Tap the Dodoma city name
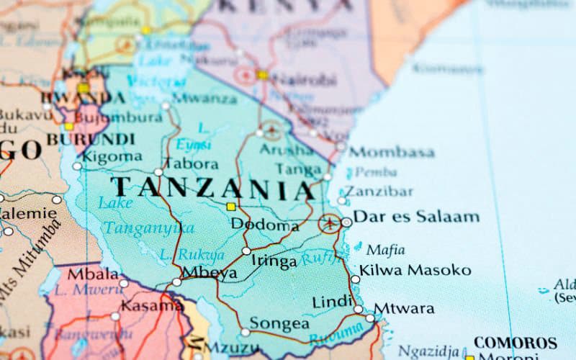click(264, 225)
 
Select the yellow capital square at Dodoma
click(230, 207)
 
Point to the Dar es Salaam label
click(417, 217)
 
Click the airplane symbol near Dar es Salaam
click(330, 222)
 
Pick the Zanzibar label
click(379, 192)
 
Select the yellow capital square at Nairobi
click(262, 74)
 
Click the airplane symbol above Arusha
click(271, 131)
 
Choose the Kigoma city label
click(112, 156)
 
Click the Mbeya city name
click(210, 272)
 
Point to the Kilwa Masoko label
click(415, 270)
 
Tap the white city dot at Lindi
click(359, 309)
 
